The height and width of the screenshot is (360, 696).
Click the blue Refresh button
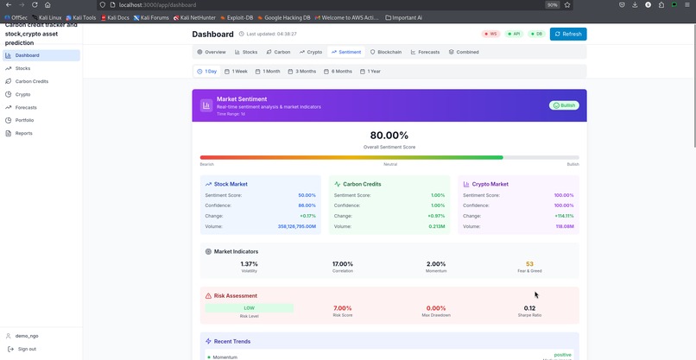(567, 34)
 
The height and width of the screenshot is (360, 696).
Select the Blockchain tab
(385, 52)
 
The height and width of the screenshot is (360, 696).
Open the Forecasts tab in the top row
(425, 52)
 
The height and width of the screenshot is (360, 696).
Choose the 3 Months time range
(302, 71)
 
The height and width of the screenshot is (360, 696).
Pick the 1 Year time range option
(370, 71)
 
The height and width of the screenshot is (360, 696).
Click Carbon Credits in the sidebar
(31, 81)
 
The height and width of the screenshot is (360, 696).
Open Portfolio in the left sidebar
(24, 120)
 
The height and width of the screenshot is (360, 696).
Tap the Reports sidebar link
(23, 133)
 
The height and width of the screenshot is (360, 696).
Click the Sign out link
(27, 349)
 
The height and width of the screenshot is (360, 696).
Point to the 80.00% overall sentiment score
(389, 136)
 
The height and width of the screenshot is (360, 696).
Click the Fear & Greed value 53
(529, 264)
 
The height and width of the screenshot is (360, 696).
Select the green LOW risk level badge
(249, 308)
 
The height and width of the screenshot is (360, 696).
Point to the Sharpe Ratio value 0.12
(529, 308)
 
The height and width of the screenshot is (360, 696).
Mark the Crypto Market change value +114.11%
(564, 216)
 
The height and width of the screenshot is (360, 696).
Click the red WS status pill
(490, 34)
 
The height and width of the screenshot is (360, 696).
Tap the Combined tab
(464, 52)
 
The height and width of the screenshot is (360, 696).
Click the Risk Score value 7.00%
(343, 308)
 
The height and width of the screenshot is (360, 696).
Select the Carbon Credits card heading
(363, 184)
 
